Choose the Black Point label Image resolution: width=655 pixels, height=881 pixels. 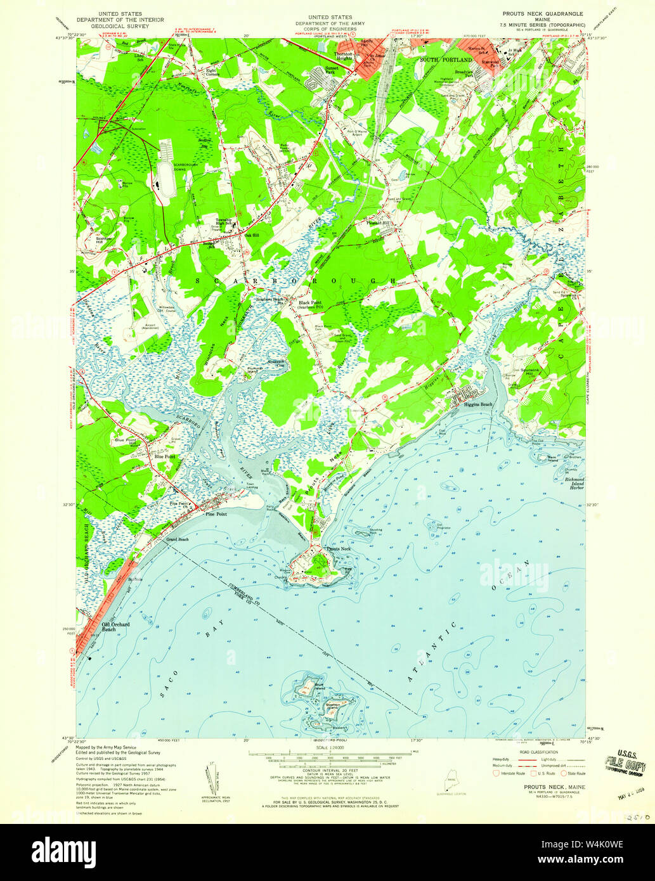[311, 303]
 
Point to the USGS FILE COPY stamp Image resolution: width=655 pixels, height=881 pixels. [625, 764]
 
